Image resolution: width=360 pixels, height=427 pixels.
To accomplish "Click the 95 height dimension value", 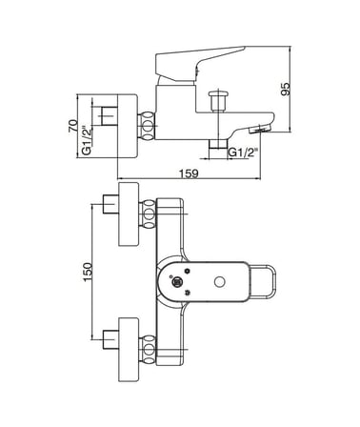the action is (286, 89).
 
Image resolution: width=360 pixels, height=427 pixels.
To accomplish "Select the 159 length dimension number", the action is (189, 173).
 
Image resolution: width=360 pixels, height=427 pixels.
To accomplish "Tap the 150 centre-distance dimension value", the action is (88, 272).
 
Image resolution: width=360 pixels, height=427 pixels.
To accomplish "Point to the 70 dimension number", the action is (73, 126).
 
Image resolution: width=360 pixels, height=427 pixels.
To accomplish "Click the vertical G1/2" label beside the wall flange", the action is (87, 141).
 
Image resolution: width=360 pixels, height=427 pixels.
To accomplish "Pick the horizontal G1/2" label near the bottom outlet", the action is (243, 152).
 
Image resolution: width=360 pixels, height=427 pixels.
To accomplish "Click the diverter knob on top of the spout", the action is (218, 101).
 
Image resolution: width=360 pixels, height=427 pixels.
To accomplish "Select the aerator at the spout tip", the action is (260, 129).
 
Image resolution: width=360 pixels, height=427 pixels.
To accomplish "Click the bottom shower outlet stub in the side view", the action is (218, 144).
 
